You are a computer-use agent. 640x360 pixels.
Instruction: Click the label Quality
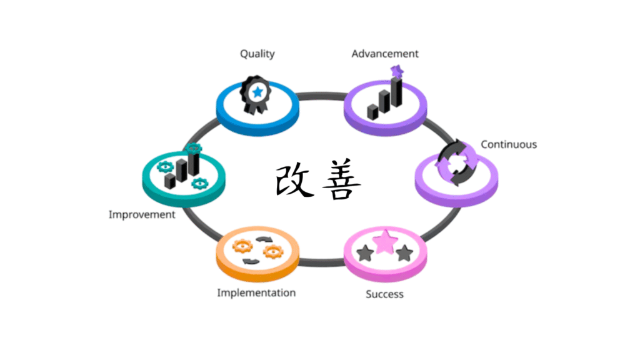(257, 54)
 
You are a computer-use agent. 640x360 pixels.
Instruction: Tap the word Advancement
(384, 54)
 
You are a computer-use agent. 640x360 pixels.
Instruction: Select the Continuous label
(508, 144)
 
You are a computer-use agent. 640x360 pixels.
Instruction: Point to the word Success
(384, 294)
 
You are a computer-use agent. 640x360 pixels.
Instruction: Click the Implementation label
(256, 292)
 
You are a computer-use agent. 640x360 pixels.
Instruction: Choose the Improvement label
(142, 214)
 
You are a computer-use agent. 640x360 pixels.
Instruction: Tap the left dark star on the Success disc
(364, 253)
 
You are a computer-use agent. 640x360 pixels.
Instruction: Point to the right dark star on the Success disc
(405, 252)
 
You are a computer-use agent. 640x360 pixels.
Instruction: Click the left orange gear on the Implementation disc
(239, 246)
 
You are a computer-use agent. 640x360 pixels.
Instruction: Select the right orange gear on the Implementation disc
(273, 252)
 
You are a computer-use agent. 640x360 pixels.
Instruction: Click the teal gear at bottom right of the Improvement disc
(200, 183)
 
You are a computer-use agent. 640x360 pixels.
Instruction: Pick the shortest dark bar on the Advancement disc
(372, 112)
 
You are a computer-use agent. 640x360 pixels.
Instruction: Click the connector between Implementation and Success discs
(321, 262)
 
